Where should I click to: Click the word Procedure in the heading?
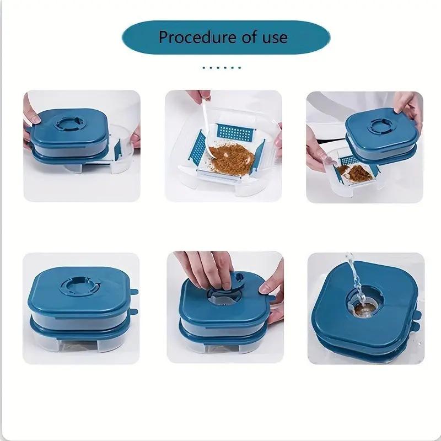click(x=192, y=37)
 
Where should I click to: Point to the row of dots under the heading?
click(x=222, y=68)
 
